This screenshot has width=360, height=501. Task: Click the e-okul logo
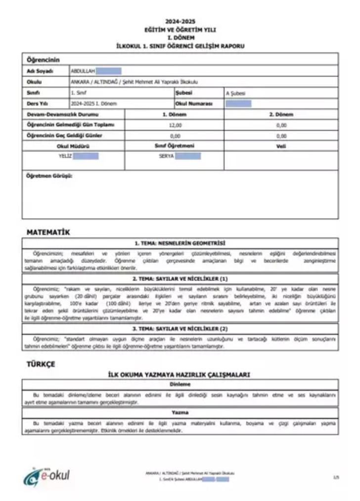(47, 476)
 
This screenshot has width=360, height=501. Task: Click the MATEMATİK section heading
(48, 231)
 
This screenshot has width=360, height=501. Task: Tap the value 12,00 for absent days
(175, 125)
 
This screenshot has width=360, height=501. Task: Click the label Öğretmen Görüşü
(49, 176)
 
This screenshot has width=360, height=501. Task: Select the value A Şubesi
(235, 93)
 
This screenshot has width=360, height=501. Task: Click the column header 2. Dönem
(281, 114)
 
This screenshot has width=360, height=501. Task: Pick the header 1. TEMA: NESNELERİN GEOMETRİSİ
(180, 243)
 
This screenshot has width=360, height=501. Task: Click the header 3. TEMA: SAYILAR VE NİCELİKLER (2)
(180, 328)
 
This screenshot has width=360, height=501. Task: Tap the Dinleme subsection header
(180, 384)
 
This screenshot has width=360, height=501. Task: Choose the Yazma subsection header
(180, 412)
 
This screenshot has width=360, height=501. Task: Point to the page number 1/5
(336, 477)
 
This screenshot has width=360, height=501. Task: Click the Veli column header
(281, 146)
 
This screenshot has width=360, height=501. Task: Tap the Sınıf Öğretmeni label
(175, 146)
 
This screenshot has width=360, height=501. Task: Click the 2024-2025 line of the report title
(180, 21)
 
